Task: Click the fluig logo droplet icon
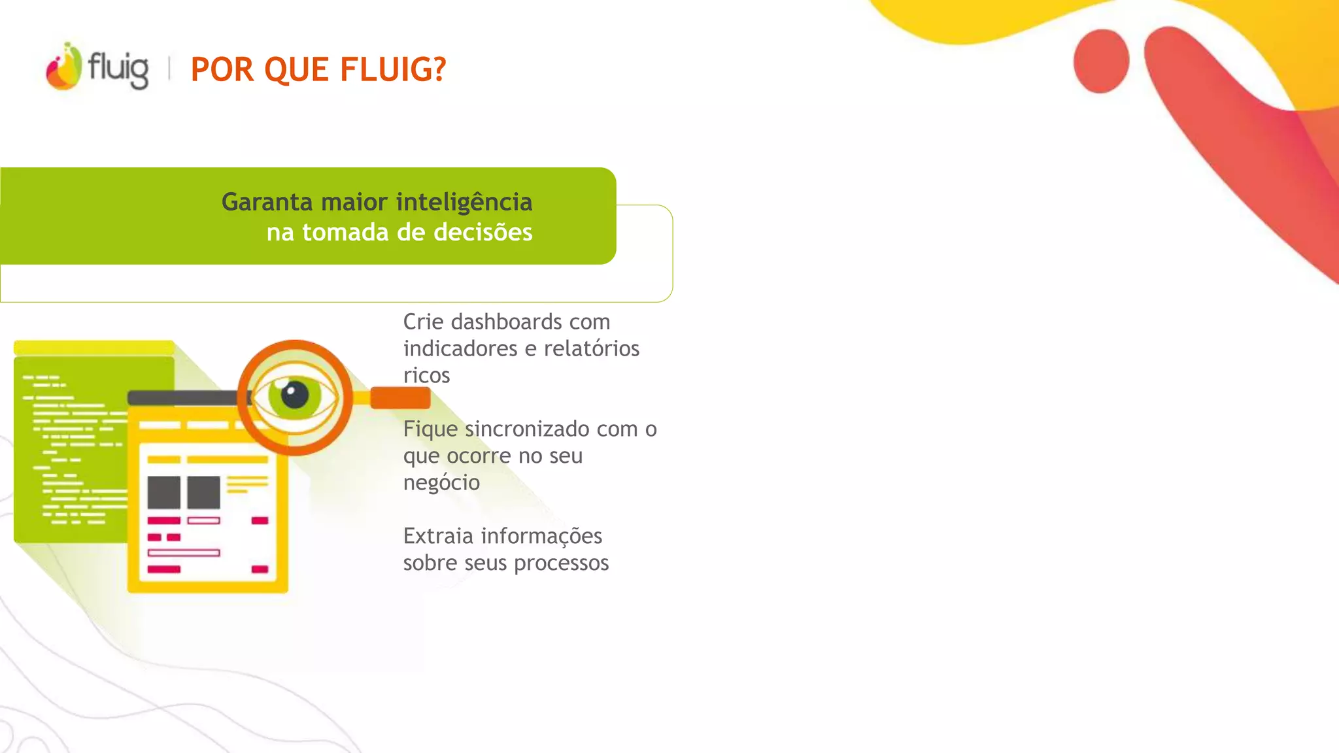click(63, 67)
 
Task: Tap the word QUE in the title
click(297, 69)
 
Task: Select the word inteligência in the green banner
click(464, 202)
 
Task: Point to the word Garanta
click(267, 202)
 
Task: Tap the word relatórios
click(591, 348)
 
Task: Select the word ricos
click(426, 375)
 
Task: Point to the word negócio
click(441, 482)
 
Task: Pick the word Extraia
click(437, 536)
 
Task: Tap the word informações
click(541, 536)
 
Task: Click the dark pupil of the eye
click(294, 395)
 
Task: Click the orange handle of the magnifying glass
click(400, 397)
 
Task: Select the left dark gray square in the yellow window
click(163, 492)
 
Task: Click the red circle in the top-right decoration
click(1101, 61)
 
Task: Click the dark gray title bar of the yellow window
click(183, 397)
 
